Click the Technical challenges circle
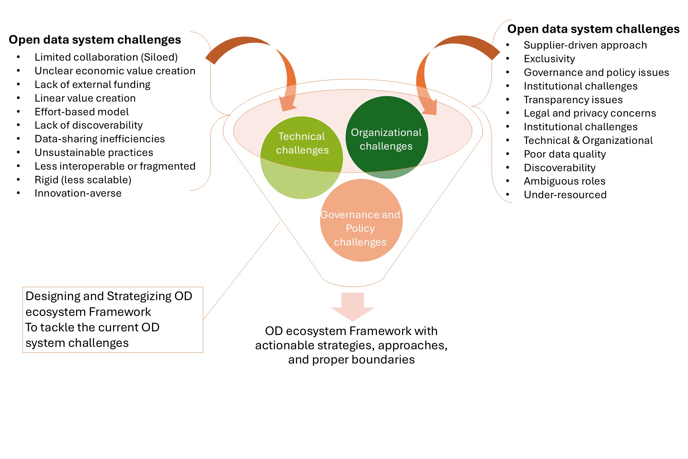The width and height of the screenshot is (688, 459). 302,158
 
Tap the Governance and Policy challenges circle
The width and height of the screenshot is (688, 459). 361,220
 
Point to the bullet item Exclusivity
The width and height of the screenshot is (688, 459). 549,59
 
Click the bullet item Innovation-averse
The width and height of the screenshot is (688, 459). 78,193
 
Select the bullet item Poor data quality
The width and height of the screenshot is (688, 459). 565,154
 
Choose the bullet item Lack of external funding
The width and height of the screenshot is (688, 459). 92,84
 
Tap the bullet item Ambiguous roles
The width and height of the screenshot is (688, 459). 564,181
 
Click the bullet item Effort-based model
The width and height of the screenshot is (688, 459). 82,112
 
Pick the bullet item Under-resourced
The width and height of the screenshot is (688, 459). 565,195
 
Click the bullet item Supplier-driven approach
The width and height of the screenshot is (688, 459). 585,45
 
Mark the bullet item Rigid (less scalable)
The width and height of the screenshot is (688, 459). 83,180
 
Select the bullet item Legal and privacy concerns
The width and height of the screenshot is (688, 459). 590,113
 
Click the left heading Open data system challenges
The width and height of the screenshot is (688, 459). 95,40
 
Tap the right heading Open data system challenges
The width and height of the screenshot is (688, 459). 593,29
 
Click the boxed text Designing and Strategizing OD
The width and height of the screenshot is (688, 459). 109,296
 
